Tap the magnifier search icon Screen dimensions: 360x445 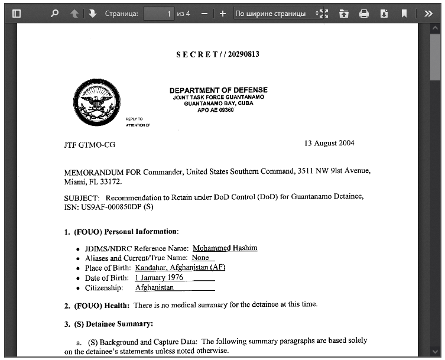click(x=55, y=13)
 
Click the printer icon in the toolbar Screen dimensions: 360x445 click(x=364, y=13)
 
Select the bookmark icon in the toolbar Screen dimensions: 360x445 click(x=404, y=13)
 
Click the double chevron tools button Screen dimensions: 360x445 click(x=428, y=13)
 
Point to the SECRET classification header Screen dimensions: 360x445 click(x=217, y=54)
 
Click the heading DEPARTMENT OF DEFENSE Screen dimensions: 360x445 click(x=218, y=90)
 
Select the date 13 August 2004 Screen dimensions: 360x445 click(x=329, y=143)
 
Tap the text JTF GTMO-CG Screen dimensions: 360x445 click(x=90, y=144)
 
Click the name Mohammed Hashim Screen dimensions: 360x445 click(x=225, y=248)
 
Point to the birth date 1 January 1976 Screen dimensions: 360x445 click(x=159, y=277)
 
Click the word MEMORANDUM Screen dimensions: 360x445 click(x=94, y=171)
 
